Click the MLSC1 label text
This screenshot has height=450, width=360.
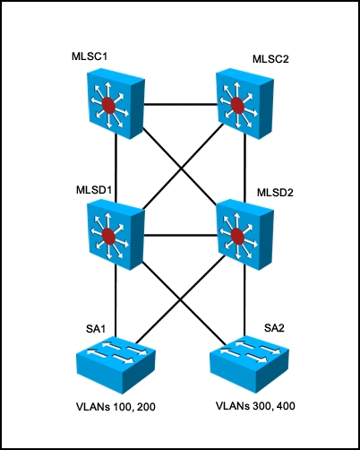click(90, 56)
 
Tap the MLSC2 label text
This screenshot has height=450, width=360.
click(270, 59)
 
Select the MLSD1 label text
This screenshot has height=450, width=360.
click(94, 190)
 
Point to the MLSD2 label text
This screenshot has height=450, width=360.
click(275, 193)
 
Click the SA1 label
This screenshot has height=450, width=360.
click(96, 329)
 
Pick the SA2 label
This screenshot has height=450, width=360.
click(274, 328)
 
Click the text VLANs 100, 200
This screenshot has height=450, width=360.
click(116, 407)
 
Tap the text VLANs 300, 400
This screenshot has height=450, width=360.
click(255, 406)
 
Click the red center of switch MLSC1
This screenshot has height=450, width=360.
click(108, 105)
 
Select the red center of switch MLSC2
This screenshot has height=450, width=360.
click(237, 106)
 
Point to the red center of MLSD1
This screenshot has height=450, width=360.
click(108, 237)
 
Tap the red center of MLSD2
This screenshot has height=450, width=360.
click(237, 236)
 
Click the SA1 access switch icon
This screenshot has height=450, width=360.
click(116, 363)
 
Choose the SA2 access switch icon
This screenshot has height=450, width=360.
click(250, 363)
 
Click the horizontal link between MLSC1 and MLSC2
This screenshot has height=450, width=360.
click(181, 104)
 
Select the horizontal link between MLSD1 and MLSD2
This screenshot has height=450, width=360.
click(181, 237)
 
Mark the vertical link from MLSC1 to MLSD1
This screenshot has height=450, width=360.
click(116, 168)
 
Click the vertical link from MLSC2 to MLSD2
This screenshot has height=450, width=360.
click(245, 168)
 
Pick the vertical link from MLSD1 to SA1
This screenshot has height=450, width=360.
click(116, 300)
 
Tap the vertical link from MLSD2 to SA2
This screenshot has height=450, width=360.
click(245, 300)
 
